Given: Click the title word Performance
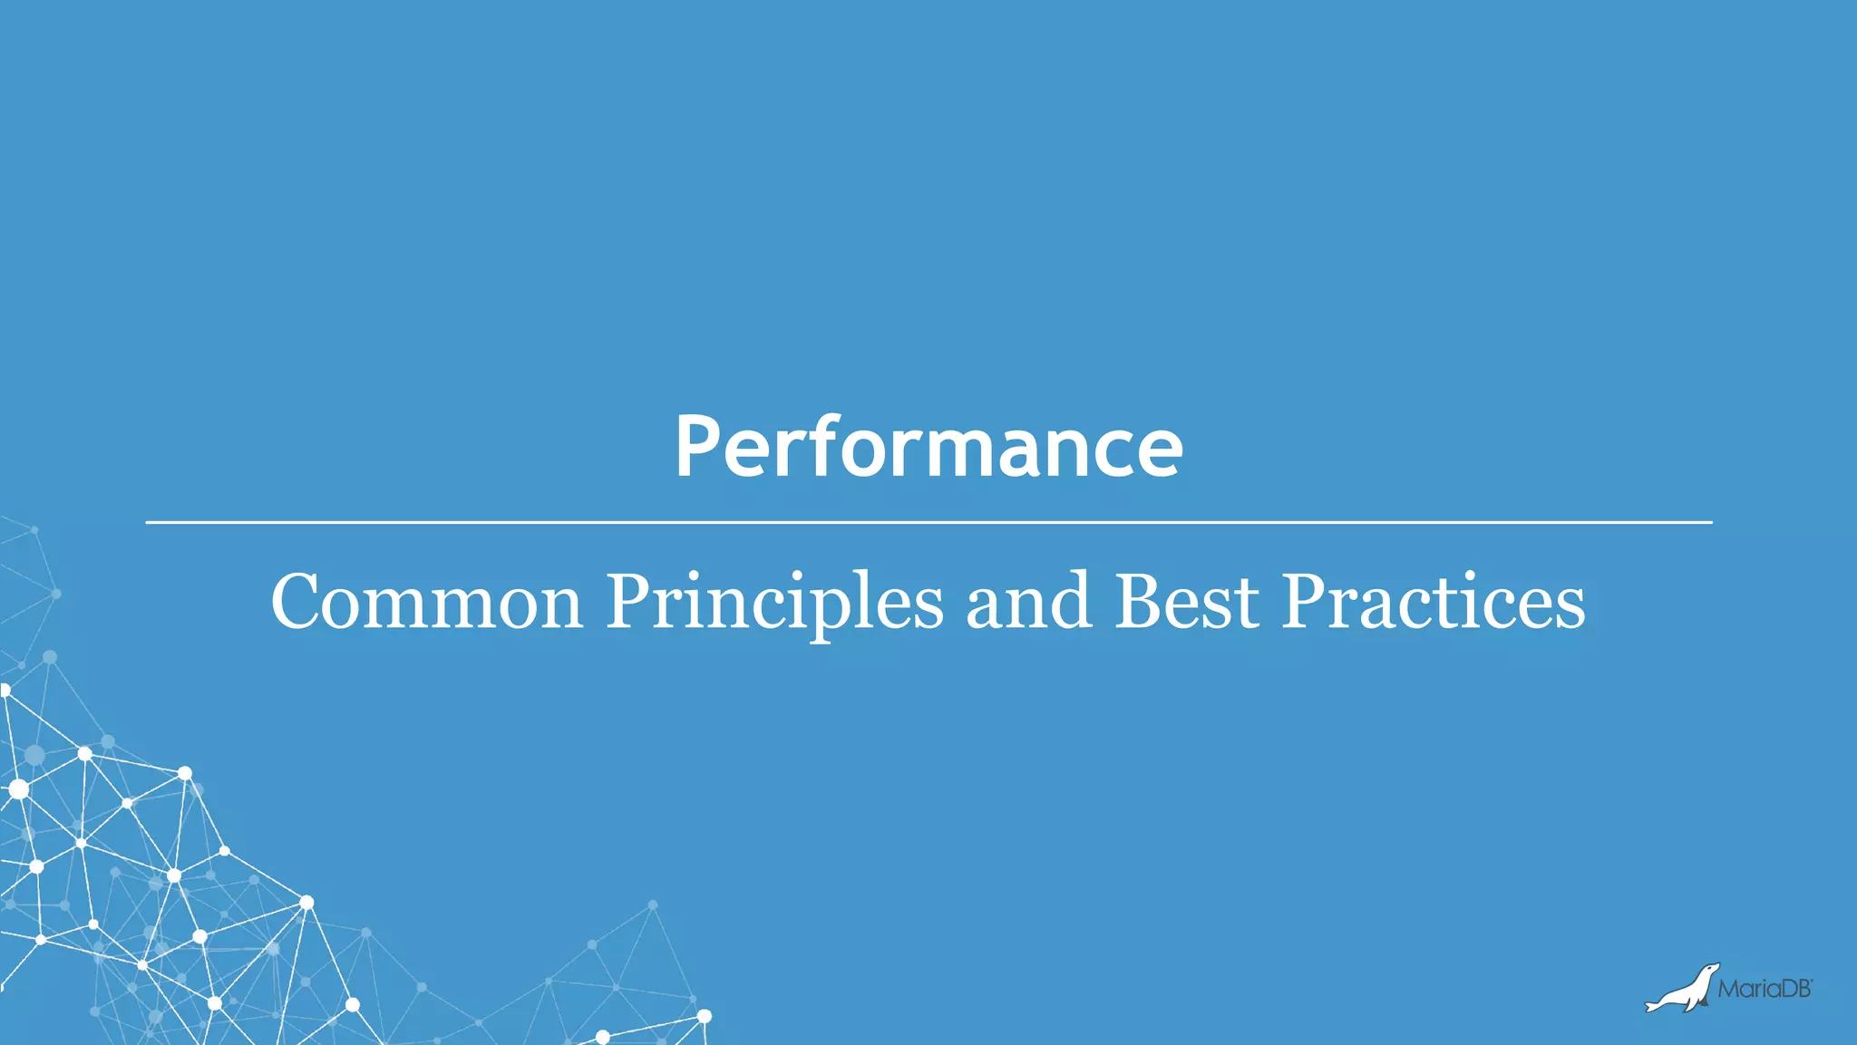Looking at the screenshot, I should (928, 446).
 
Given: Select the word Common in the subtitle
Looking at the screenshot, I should (426, 602).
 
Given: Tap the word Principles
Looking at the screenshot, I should (774, 602).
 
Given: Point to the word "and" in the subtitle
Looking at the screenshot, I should (1027, 602).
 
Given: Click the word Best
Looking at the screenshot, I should (1186, 602).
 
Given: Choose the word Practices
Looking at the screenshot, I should (1433, 602).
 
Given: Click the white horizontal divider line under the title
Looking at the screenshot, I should (928, 523).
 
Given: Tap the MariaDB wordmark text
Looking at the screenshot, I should (1764, 990).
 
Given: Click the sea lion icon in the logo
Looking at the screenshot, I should (1682, 990).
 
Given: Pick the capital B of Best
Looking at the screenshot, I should (1139, 602).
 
